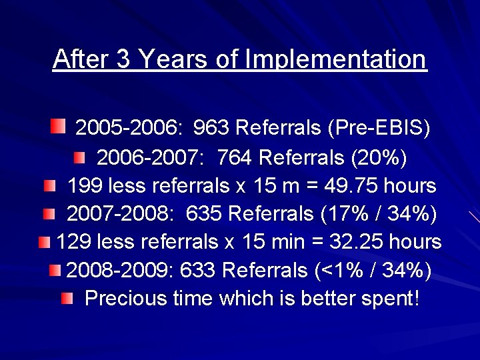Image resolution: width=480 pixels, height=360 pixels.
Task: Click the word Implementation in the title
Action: (335, 60)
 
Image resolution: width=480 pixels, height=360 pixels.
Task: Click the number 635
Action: (204, 215)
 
